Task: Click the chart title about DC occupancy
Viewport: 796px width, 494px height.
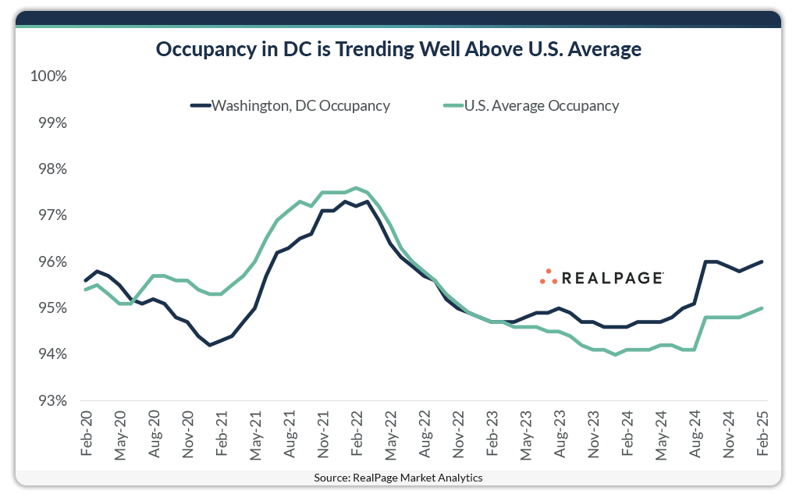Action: (398, 50)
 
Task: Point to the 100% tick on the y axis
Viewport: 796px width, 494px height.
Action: (49, 76)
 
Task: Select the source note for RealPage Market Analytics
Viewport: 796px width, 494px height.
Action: (398, 478)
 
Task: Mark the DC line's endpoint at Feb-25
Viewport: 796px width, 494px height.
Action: (762, 262)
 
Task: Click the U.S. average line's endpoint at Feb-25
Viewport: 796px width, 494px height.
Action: (762, 308)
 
